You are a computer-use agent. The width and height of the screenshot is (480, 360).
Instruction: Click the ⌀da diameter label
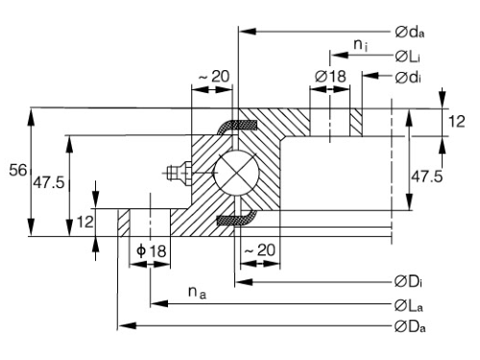[x=410, y=32]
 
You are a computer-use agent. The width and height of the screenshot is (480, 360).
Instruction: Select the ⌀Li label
[x=408, y=57]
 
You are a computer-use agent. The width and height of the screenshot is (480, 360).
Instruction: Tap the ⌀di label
[x=408, y=78]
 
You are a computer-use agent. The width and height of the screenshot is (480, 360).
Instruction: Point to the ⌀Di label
[x=408, y=282]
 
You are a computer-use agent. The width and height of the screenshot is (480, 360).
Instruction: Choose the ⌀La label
[x=409, y=305]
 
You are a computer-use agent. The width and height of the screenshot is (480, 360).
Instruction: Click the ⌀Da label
[x=410, y=326]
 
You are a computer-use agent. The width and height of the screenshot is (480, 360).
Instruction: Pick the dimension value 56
[x=18, y=170]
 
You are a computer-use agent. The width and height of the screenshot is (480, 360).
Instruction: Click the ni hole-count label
[x=361, y=45]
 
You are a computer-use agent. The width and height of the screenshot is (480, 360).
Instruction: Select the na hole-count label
[x=197, y=293]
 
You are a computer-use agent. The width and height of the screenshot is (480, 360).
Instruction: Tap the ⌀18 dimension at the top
[x=330, y=77]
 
